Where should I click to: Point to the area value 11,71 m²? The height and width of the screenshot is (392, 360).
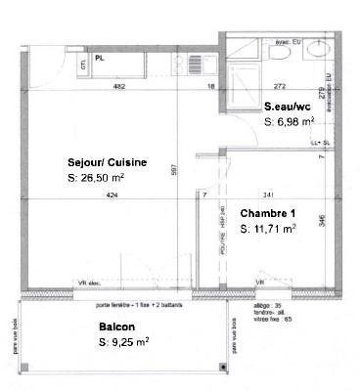point(270,229)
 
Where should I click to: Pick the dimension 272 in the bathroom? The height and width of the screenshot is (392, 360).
point(279,87)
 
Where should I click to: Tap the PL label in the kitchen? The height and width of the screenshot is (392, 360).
point(100,58)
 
